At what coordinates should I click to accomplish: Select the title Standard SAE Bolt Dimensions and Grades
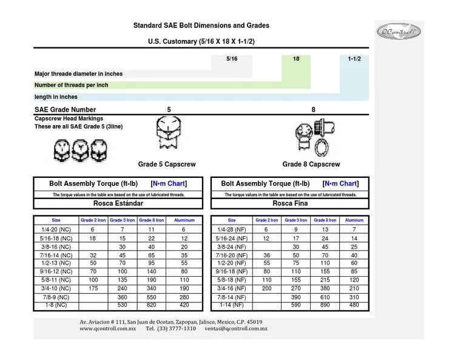pyautogui.click(x=201, y=25)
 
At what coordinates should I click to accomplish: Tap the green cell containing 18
pyautogui.click(x=296, y=59)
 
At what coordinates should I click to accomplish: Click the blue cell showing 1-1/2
pyautogui.click(x=354, y=59)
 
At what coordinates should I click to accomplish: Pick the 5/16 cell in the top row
pyautogui.click(x=231, y=59)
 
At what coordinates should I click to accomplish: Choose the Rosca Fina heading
pyautogui.click(x=289, y=203)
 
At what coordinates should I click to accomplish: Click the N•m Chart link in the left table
pyautogui.click(x=168, y=183)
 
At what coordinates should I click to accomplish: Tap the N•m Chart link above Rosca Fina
pyautogui.click(x=340, y=183)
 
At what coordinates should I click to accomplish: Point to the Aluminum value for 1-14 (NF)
pyautogui.click(x=354, y=305)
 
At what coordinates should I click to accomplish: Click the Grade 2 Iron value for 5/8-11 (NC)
pyautogui.click(x=93, y=280)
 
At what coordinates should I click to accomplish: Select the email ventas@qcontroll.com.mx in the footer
pyautogui.click(x=236, y=328)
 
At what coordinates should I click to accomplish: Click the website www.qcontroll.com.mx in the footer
pyautogui.click(x=107, y=328)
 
